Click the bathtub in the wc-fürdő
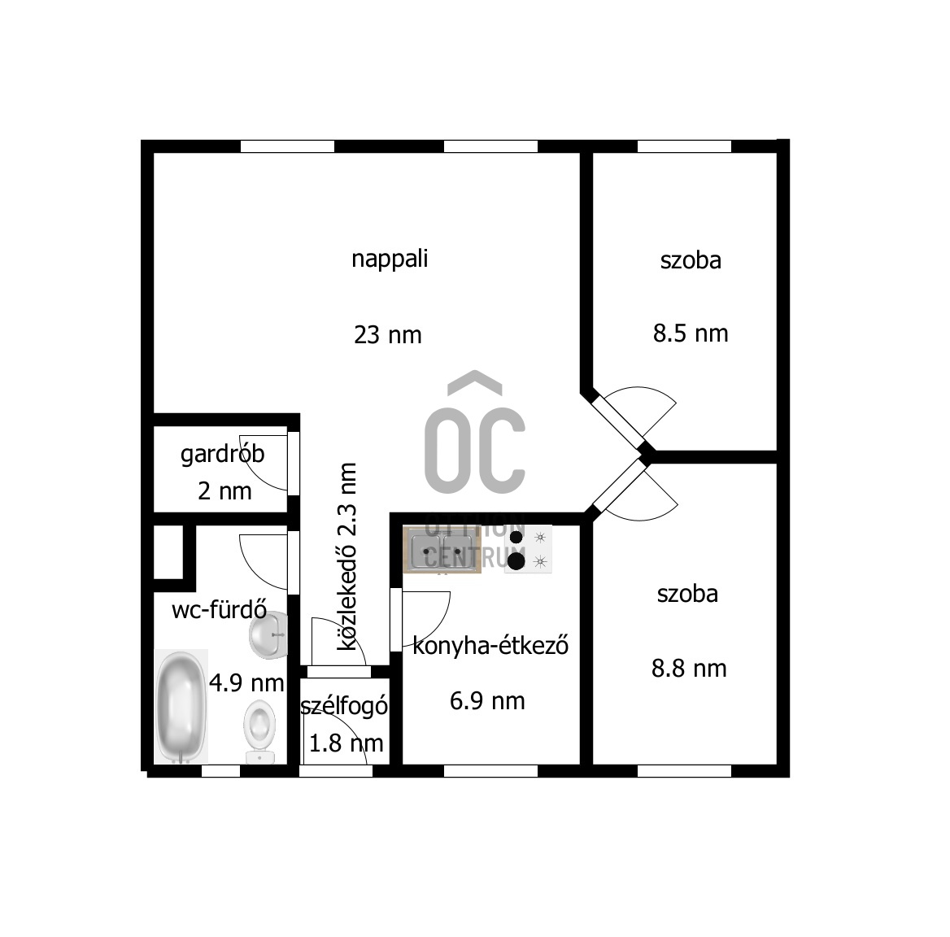(181, 706)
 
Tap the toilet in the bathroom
(260, 732)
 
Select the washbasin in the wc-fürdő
(268, 634)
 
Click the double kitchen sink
(442, 550)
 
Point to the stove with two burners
(528, 549)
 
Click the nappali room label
(390, 259)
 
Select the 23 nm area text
(388, 335)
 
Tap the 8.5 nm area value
(691, 333)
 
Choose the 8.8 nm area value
(689, 669)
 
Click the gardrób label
(222, 455)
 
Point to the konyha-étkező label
(490, 646)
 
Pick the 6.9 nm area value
(487, 701)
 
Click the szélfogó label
(344, 706)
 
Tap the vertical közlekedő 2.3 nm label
(347, 556)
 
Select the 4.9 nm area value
(246, 684)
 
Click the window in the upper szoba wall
(685, 146)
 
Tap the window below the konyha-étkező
(490, 771)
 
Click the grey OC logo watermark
(475, 432)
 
